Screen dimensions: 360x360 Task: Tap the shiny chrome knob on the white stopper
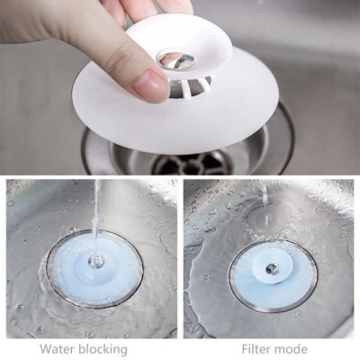point(175,59)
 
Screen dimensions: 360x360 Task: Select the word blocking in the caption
point(102,348)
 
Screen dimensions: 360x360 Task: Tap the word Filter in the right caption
point(258,348)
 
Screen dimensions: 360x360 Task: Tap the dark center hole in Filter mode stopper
point(271,268)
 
